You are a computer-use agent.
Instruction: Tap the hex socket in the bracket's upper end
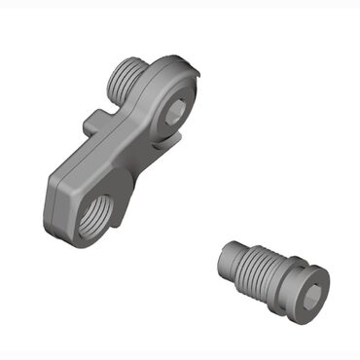172,114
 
